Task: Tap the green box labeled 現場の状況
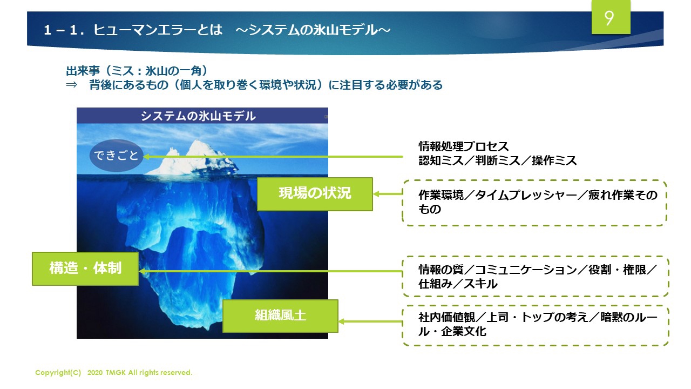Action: (315, 193)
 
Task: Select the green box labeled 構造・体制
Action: (85, 268)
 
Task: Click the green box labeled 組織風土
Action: (280, 316)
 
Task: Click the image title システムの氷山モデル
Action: (198, 116)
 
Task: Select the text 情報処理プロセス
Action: (464, 146)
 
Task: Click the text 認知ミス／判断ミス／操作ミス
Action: (497, 160)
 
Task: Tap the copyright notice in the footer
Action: (114, 373)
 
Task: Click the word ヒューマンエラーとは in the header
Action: (158, 30)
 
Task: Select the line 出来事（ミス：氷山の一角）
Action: (137, 71)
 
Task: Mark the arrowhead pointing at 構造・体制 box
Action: (143, 271)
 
